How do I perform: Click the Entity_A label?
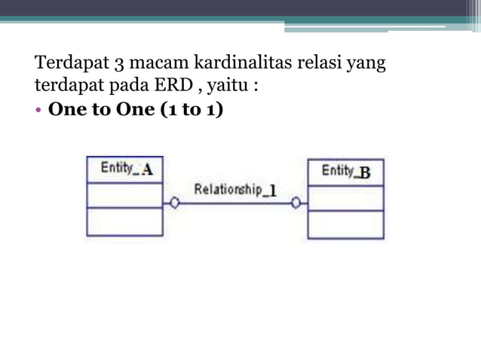coord(127,169)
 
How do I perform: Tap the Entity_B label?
coord(346,172)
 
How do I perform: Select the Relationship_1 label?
coord(235,189)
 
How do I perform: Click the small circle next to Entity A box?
coord(175,203)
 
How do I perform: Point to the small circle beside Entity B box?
coord(296,203)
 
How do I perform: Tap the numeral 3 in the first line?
coord(121,62)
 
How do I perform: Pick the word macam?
coord(157,62)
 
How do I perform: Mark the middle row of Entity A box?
coord(124,194)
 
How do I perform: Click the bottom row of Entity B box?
coord(346,225)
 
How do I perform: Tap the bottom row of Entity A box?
coord(124,222)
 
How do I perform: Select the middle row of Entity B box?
coord(346,197)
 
